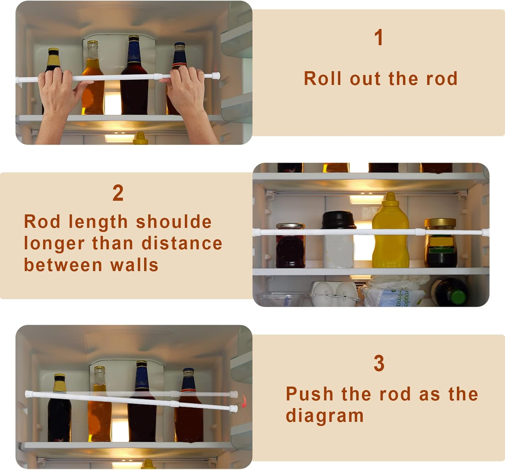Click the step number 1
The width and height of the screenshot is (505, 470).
(379, 37)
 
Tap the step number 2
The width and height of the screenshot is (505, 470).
(118, 193)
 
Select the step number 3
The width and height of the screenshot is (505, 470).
(379, 363)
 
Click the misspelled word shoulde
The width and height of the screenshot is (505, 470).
(174, 222)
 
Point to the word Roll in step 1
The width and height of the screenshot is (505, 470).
(323, 79)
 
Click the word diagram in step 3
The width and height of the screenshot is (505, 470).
(325, 416)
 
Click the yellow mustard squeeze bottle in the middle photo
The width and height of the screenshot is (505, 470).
(390, 236)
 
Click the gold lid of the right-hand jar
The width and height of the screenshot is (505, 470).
(440, 223)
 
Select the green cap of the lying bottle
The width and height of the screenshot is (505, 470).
(458, 297)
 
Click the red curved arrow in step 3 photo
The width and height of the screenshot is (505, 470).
(244, 401)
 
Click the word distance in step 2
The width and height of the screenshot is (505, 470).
(182, 244)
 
